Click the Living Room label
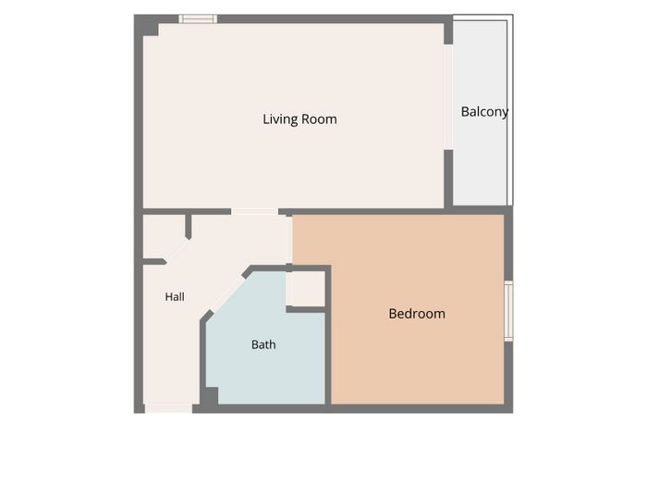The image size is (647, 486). (299, 119)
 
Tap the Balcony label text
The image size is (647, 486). (484, 112)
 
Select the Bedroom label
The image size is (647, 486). (417, 314)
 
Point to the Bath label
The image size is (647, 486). (263, 344)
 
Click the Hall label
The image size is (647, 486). (175, 297)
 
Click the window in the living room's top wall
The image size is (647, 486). (198, 19)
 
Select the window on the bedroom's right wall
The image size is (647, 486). (508, 311)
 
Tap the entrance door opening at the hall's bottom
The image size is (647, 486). (168, 408)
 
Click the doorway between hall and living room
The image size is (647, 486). (254, 212)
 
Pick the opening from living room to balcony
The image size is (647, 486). (448, 97)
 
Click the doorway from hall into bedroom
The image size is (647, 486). (288, 239)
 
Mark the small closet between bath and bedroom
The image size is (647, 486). (306, 289)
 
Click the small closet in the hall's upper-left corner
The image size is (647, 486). (164, 236)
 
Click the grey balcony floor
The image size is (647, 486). (480, 157)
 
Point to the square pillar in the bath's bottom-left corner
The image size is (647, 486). (209, 396)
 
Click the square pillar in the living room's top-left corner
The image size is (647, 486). (148, 27)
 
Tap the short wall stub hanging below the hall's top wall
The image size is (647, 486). (189, 227)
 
